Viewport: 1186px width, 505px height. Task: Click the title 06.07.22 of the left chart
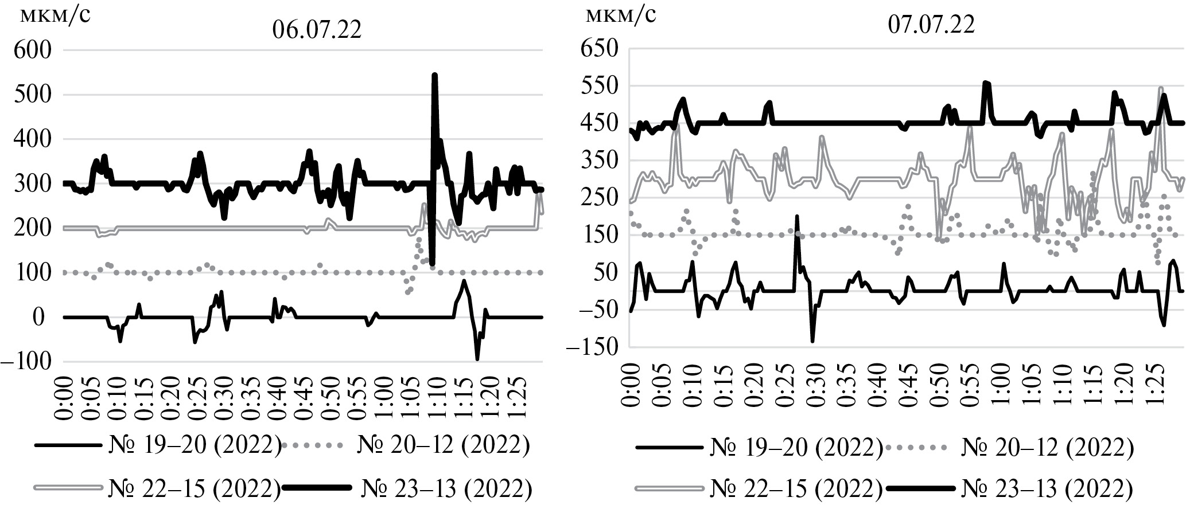coord(317,29)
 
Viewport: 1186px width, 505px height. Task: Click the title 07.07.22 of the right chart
coord(931,25)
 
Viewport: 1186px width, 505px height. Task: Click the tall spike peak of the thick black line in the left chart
coord(434,75)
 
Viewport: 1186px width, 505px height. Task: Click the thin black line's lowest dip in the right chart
coord(812,342)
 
